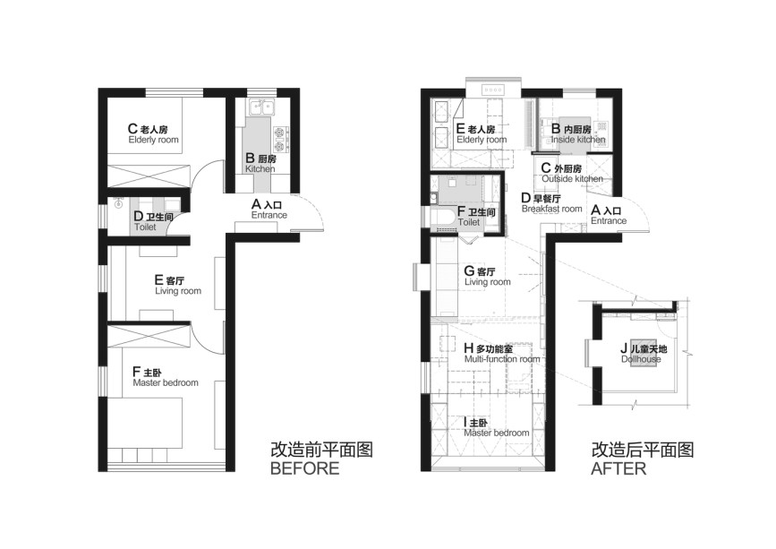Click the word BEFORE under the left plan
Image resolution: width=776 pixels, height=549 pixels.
pyautogui.click(x=305, y=468)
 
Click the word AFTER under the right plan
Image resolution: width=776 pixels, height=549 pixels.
pyautogui.click(x=618, y=468)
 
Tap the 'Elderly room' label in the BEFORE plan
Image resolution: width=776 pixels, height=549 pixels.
pyautogui.click(x=153, y=140)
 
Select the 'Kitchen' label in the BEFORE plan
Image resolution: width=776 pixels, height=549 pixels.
pyautogui.click(x=260, y=168)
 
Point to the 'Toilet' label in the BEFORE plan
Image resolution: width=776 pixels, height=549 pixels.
pyautogui.click(x=145, y=227)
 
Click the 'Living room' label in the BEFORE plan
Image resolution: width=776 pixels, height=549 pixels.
pyautogui.click(x=178, y=291)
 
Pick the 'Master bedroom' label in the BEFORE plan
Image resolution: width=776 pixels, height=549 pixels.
pyautogui.click(x=166, y=382)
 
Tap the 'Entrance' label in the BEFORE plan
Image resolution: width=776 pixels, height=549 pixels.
pyautogui.click(x=269, y=215)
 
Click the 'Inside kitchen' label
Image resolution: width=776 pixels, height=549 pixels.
pyautogui.click(x=578, y=140)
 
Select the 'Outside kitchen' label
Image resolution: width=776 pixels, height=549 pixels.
pyautogui.click(x=573, y=179)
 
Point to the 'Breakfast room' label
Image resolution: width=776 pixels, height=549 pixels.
pyautogui.click(x=552, y=209)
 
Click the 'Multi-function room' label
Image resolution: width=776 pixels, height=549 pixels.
pyautogui.click(x=502, y=359)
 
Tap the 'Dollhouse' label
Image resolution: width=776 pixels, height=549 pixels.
pyautogui.click(x=641, y=359)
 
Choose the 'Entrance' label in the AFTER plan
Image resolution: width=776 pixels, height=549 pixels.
pyautogui.click(x=609, y=221)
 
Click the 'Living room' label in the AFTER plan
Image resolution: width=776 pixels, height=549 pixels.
pyautogui.click(x=488, y=282)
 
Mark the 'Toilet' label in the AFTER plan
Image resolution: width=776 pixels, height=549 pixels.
pyautogui.click(x=469, y=222)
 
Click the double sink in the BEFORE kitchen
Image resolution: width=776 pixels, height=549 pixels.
pyautogui.click(x=262, y=107)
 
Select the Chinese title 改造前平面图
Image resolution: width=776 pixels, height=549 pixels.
pyautogui.click(x=321, y=450)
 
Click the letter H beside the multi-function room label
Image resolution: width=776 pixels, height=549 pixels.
pyautogui.click(x=469, y=348)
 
